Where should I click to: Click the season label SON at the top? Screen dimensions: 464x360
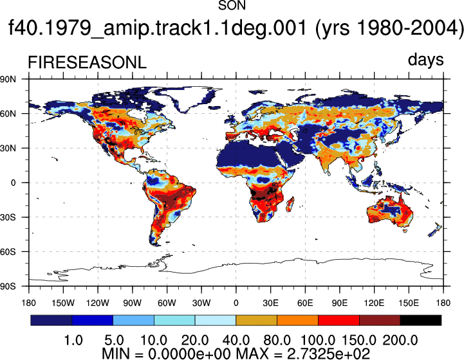232,5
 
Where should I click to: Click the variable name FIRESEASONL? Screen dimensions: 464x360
87,62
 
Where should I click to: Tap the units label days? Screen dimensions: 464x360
425,60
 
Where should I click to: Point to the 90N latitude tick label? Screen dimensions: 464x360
8,79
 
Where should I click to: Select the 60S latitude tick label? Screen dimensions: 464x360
8,252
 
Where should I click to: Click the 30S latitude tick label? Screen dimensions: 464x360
8,217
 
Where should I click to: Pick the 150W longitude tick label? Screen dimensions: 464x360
63,303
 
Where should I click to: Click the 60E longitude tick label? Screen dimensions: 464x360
305,303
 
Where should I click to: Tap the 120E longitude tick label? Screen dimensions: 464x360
374,303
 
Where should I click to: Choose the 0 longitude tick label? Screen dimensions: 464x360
236,303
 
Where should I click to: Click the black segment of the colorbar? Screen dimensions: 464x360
420,320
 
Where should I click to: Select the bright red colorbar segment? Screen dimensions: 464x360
339,320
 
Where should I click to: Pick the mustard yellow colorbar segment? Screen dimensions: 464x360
256,320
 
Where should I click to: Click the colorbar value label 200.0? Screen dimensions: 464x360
400,340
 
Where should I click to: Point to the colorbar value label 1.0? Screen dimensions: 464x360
73,340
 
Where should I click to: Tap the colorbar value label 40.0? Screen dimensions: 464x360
236,340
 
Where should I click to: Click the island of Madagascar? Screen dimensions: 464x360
290,204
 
